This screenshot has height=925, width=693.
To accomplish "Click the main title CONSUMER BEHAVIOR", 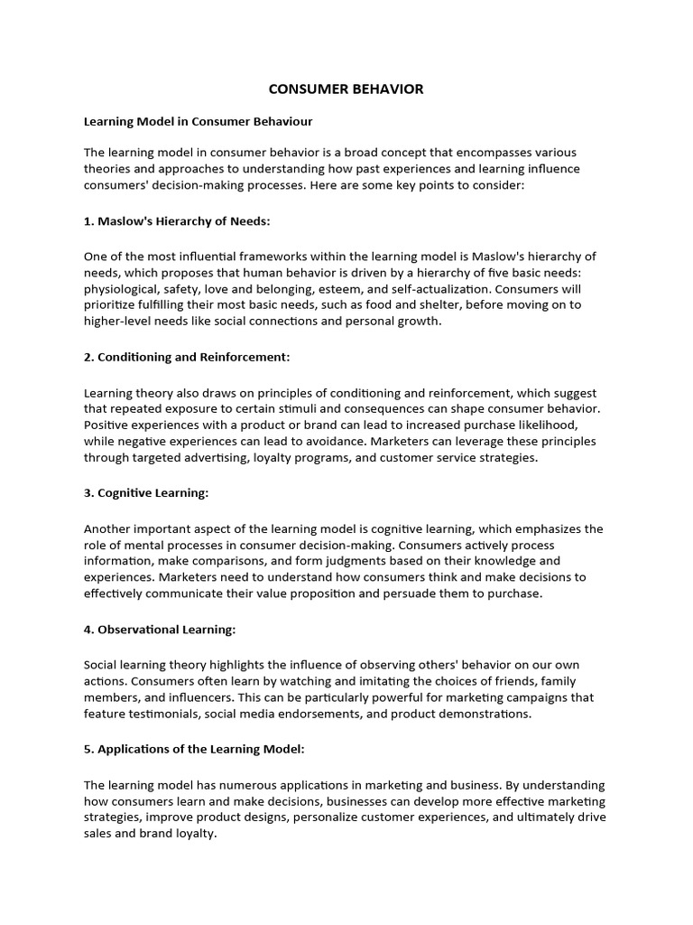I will pyautogui.click(x=346, y=89).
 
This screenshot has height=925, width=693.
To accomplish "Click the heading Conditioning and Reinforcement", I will pyautogui.click(x=187, y=357).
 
